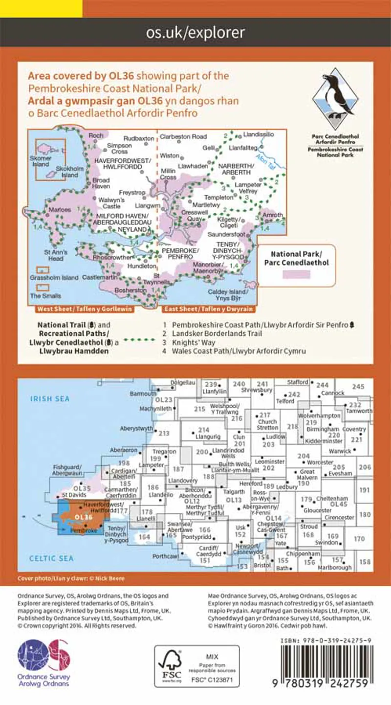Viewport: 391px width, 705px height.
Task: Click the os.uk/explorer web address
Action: tap(195, 33)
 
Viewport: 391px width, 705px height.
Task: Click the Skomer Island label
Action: tap(41, 162)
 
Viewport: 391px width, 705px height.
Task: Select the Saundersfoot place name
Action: tap(225, 235)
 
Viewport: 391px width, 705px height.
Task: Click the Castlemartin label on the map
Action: tap(97, 277)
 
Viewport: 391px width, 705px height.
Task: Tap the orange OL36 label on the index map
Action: tap(84, 517)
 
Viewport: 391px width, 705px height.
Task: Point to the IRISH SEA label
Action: tap(50, 399)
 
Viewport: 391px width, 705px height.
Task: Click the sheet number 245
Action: tap(358, 387)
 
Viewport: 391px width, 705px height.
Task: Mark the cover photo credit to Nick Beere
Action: tap(71, 578)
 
